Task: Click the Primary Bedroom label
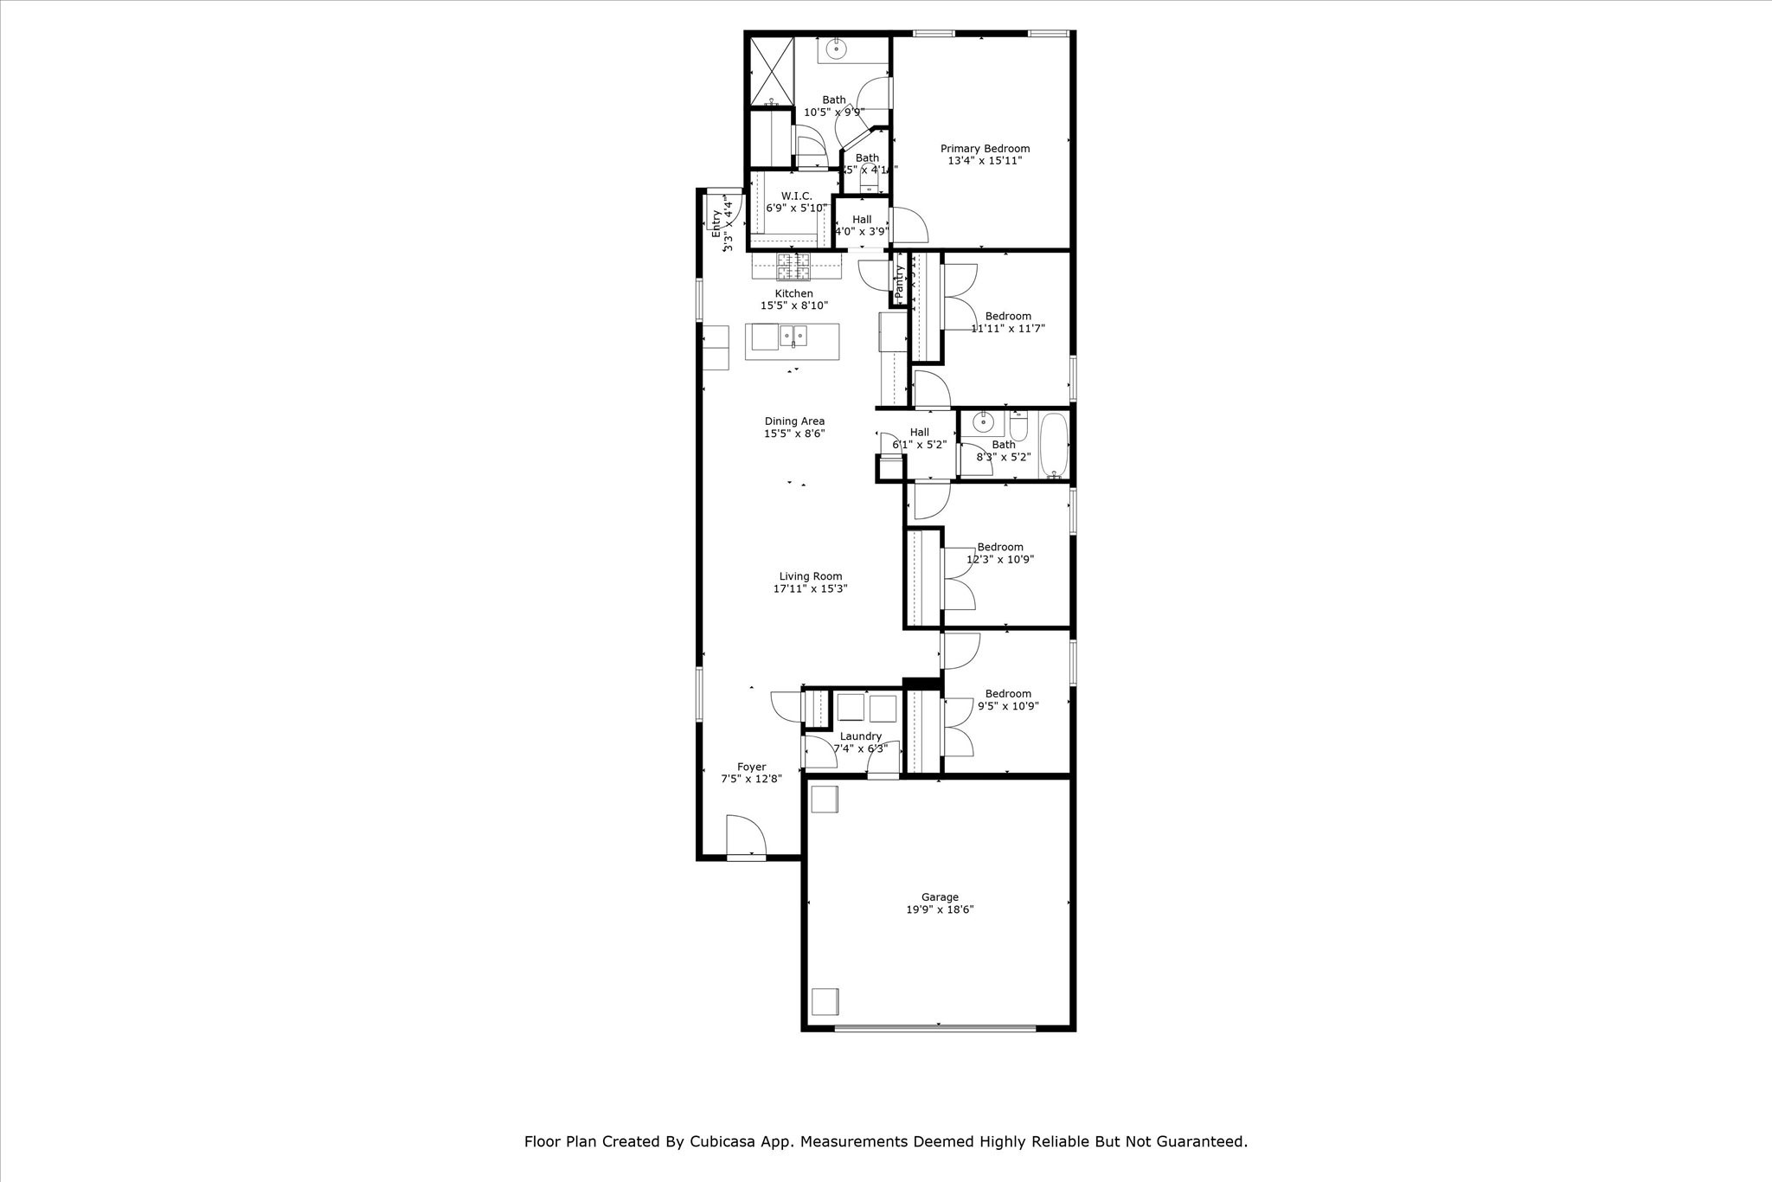click(985, 149)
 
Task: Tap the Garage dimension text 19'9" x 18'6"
click(940, 909)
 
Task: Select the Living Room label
click(810, 576)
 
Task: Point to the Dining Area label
click(794, 421)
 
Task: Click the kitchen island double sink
click(793, 335)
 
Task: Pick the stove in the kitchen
click(793, 266)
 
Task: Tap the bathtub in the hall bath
click(1053, 445)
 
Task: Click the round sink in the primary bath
click(837, 49)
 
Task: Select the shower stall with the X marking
click(771, 70)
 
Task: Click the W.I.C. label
click(796, 196)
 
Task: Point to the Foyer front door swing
click(745, 836)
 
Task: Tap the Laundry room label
click(860, 736)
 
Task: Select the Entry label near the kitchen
click(716, 224)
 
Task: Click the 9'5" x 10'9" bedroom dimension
click(1008, 706)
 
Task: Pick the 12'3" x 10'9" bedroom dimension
click(1000, 559)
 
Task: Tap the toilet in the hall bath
click(1018, 427)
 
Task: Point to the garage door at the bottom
click(934, 1028)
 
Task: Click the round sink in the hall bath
click(983, 423)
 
